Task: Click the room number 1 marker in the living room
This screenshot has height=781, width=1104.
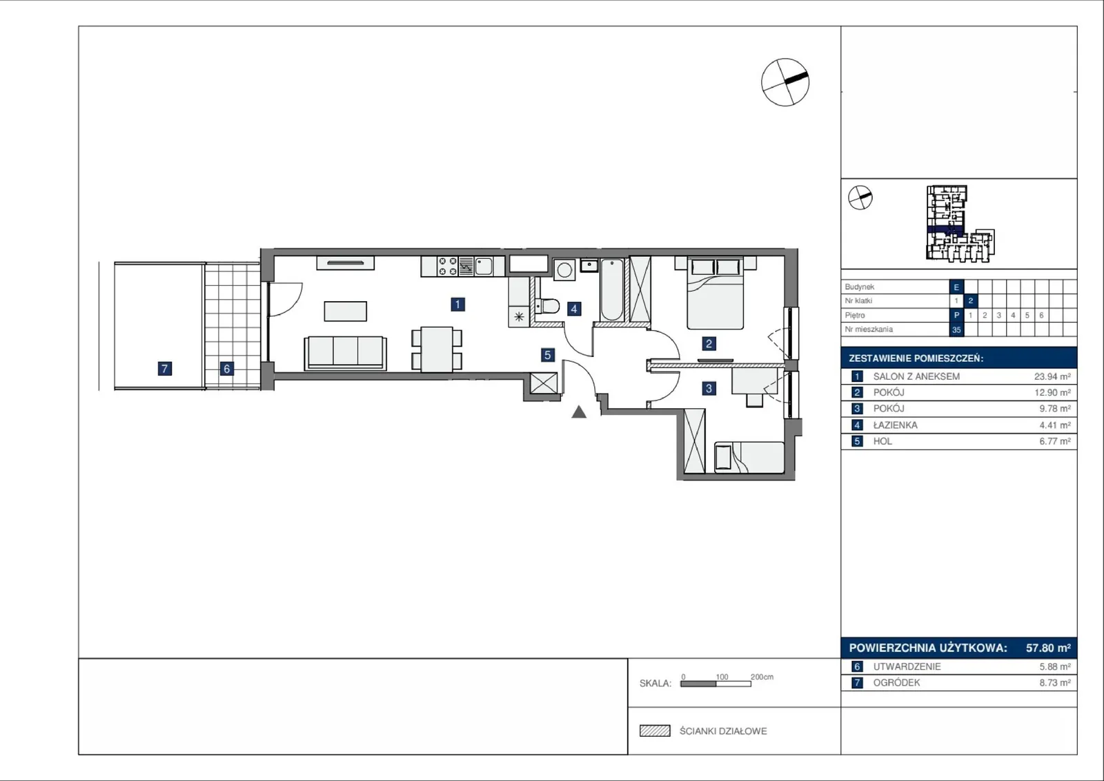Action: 457,305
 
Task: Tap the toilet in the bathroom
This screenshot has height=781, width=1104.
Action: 548,306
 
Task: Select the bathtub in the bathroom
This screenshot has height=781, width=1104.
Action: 611,289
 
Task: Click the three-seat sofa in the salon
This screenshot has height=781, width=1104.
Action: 345,352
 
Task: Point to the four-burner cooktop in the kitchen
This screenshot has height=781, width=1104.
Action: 448,267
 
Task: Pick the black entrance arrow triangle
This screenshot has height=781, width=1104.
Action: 579,412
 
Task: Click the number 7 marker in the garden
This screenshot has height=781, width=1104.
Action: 165,368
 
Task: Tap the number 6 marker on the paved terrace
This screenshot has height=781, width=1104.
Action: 227,368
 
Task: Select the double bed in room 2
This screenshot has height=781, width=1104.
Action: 715,293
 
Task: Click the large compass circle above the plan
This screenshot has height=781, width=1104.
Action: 785,82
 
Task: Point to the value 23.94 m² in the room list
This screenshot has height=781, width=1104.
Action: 1052,376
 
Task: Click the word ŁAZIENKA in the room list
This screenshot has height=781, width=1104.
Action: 895,425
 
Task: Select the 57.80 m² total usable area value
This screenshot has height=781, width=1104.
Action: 1048,648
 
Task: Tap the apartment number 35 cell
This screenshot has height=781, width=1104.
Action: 956,329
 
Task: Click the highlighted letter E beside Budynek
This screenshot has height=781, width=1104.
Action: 956,287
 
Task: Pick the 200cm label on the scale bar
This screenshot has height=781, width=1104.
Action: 762,677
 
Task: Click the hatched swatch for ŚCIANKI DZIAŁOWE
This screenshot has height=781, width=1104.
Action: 655,731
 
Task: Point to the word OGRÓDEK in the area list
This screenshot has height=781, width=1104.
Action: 896,683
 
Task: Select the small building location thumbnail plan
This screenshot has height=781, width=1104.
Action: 960,223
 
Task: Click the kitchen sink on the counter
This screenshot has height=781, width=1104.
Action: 483,267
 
